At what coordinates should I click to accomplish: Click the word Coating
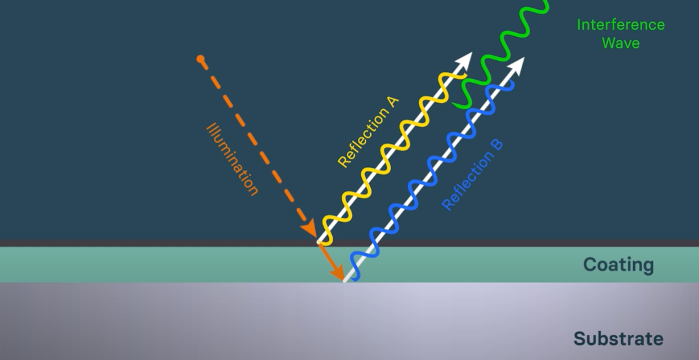(x=618, y=265)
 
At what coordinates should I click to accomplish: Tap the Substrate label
(x=618, y=339)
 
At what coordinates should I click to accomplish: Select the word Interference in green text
(x=621, y=25)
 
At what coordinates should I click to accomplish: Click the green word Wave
(x=621, y=43)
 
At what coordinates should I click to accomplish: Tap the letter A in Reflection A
(x=392, y=102)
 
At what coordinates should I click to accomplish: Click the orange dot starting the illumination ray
(x=201, y=60)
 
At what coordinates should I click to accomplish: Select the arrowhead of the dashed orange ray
(x=309, y=229)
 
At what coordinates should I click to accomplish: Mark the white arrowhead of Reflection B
(x=516, y=65)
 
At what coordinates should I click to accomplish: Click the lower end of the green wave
(x=454, y=105)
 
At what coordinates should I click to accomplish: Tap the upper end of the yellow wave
(x=465, y=76)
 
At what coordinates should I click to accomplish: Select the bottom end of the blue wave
(x=355, y=279)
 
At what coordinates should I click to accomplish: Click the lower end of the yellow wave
(x=329, y=243)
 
